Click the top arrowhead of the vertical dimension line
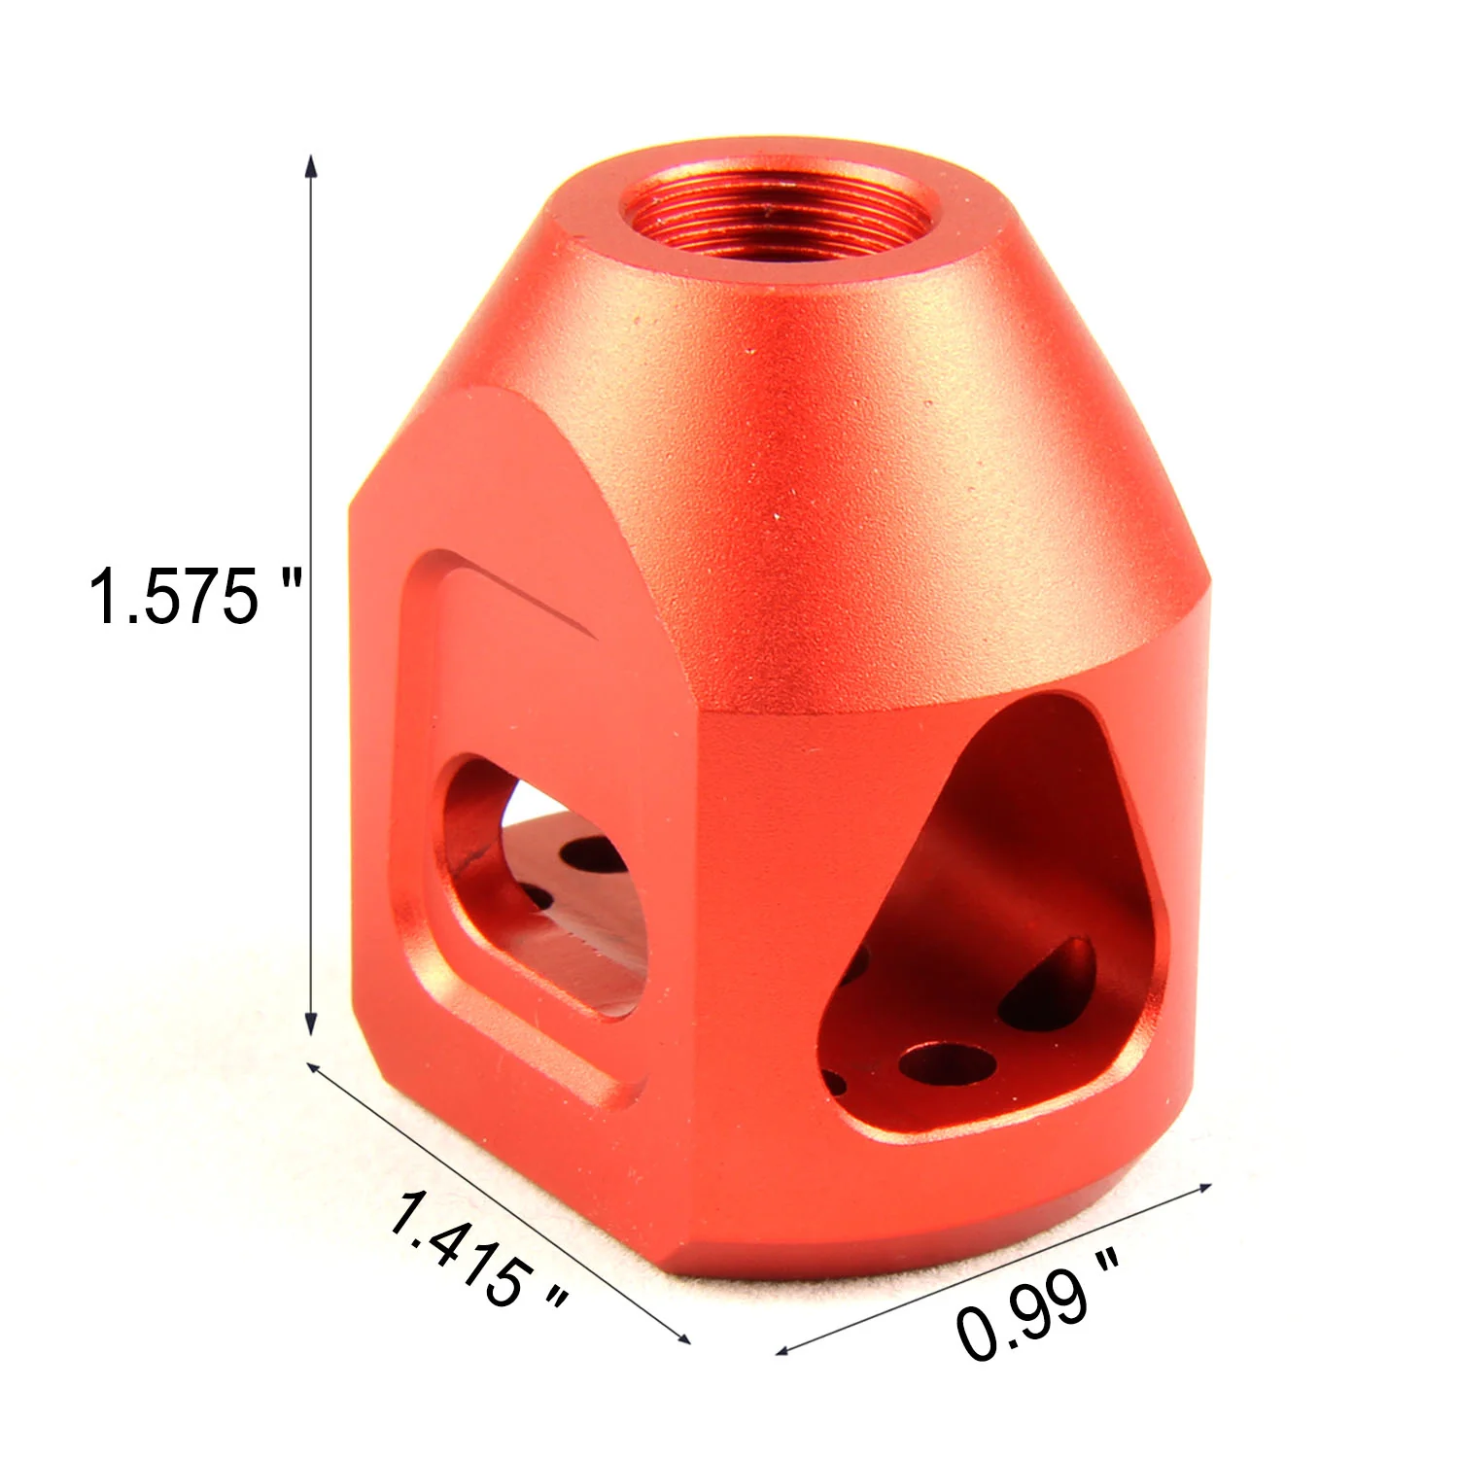click(311, 163)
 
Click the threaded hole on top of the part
click(769, 214)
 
